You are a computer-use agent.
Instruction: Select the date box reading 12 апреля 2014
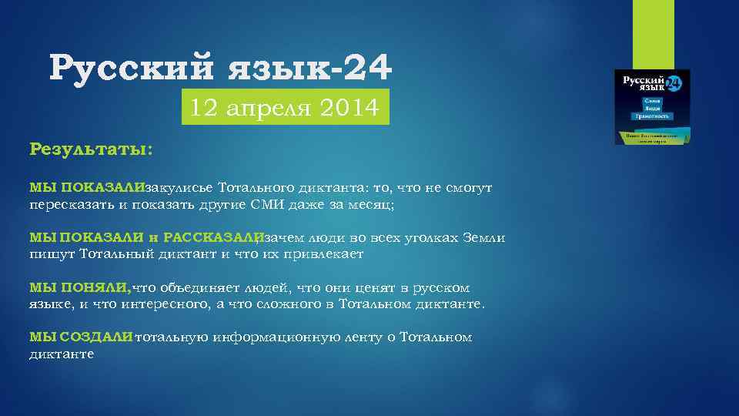(x=285, y=109)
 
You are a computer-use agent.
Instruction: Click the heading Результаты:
(x=90, y=148)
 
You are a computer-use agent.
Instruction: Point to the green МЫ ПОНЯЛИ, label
(x=80, y=287)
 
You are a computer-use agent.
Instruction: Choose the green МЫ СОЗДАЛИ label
(x=81, y=337)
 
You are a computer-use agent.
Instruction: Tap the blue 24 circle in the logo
(x=674, y=83)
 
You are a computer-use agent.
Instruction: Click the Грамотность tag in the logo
(x=652, y=116)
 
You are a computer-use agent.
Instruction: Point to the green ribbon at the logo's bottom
(x=652, y=136)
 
